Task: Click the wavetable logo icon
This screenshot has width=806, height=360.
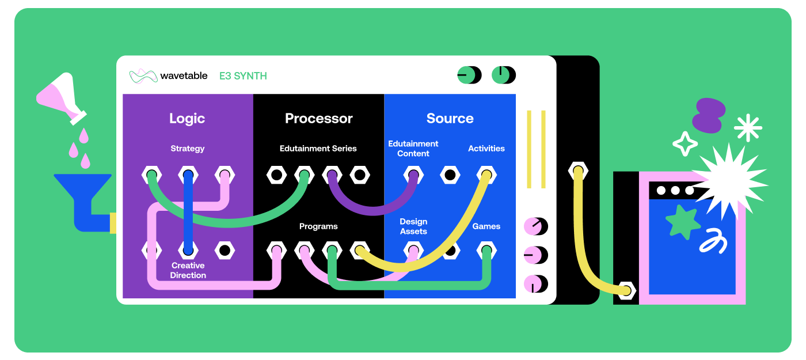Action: point(143,75)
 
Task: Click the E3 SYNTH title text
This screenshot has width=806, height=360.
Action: point(243,75)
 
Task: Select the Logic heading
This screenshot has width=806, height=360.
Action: point(187,118)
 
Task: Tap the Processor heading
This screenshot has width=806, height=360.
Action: point(318,118)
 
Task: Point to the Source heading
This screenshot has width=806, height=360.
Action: point(450,118)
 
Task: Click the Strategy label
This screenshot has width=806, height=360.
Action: point(187,149)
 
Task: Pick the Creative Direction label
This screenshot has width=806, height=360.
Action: point(188,270)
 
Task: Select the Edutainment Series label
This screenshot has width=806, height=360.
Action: point(318,149)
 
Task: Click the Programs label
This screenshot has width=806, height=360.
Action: point(318,226)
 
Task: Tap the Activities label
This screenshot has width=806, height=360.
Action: point(486,149)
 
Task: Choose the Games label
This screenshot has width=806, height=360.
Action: point(486,226)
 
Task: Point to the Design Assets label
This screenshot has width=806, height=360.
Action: point(413,226)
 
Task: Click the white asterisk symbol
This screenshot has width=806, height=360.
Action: point(748,128)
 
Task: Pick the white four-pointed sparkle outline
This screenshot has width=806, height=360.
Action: point(685,143)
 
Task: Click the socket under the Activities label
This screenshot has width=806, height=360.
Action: point(486,175)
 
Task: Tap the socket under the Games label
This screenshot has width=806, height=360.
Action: point(486,250)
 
